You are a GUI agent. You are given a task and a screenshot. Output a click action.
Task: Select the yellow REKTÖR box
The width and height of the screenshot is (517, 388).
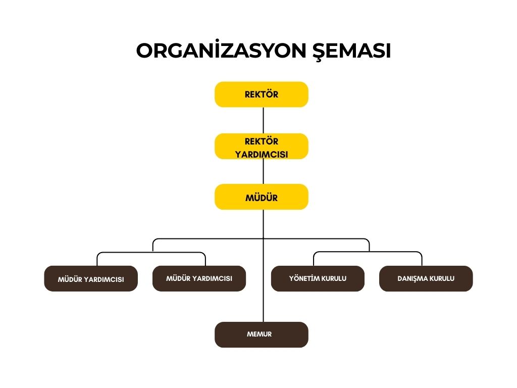(262, 94)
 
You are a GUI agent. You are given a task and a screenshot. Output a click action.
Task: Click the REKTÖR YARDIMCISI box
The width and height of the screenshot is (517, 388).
(262, 147)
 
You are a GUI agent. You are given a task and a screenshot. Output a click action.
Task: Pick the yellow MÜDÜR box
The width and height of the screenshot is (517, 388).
(262, 197)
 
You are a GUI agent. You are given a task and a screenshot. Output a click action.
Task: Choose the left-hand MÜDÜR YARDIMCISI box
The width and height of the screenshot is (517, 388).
(91, 279)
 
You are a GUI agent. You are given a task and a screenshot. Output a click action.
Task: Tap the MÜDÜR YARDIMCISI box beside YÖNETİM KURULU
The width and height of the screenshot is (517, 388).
(199, 279)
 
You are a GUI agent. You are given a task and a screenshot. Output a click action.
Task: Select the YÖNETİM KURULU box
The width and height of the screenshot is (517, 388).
(318, 279)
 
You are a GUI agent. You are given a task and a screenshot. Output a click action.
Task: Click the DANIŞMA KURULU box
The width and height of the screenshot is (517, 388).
(426, 279)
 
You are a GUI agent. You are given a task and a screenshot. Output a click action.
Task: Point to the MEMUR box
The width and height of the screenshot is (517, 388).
(262, 334)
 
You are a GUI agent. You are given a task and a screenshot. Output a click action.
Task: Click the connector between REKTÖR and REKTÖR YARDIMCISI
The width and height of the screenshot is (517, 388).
(263, 120)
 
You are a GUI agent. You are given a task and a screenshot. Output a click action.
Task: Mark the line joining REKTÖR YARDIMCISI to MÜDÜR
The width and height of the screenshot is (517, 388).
(263, 172)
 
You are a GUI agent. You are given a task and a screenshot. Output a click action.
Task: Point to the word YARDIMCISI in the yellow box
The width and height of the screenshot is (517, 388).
(262, 155)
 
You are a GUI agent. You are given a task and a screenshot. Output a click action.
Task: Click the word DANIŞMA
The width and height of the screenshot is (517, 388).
(411, 278)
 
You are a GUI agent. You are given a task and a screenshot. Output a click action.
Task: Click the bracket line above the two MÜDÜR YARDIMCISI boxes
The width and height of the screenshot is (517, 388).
(151, 252)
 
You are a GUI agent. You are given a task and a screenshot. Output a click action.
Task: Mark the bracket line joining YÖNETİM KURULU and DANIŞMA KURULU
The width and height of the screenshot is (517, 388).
(368, 252)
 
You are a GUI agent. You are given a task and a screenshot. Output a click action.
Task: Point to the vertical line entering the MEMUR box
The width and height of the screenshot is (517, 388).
(263, 308)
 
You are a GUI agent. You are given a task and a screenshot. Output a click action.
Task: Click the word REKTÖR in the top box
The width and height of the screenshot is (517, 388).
(262, 94)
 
